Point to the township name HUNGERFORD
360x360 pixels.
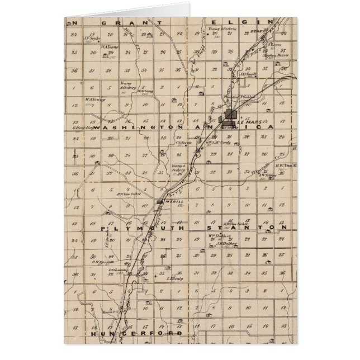[x=138, y=333]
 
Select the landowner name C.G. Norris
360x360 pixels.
[x=184, y=142]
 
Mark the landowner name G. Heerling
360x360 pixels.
[x=82, y=127]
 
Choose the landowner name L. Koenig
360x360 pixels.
[x=175, y=278]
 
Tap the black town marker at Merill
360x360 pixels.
[x=160, y=201]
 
